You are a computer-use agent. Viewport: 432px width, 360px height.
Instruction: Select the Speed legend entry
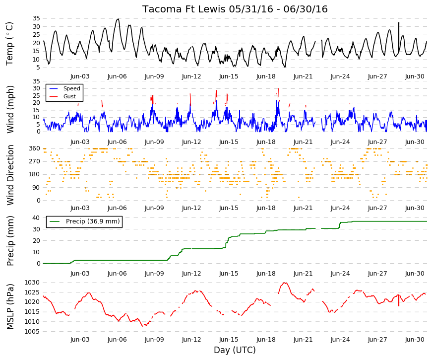(x=64, y=88)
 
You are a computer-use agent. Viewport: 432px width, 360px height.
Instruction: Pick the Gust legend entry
(x=62, y=96)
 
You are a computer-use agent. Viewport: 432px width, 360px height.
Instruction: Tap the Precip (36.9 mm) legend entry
(x=84, y=221)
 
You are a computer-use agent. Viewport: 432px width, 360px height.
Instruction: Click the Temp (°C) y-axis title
(x=9, y=44)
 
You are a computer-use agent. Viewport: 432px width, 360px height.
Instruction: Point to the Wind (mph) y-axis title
(x=10, y=110)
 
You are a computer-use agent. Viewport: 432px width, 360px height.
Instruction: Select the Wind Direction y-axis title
(x=10, y=175)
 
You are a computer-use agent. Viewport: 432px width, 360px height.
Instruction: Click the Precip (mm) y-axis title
(x=10, y=240)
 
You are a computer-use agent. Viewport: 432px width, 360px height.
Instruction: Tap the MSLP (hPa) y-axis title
(x=10, y=306)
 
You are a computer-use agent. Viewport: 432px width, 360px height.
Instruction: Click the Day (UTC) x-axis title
(x=235, y=350)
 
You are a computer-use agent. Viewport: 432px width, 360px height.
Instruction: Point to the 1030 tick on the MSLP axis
(x=32, y=283)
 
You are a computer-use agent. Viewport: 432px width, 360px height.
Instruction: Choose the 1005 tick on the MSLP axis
(x=32, y=331)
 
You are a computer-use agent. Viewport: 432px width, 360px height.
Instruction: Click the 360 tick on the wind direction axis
(x=34, y=148)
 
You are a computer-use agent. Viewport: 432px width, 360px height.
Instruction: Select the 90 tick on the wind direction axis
(x=36, y=188)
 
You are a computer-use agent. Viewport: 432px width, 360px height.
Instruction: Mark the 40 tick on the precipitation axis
(x=36, y=217)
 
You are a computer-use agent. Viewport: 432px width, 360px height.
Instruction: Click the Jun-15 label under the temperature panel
(x=229, y=76)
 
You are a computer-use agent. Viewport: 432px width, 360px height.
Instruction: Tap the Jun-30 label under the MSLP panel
(x=415, y=340)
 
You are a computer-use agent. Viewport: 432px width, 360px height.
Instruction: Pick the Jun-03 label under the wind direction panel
(x=80, y=208)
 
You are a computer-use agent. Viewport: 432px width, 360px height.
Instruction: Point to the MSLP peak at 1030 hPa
(x=285, y=283)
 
